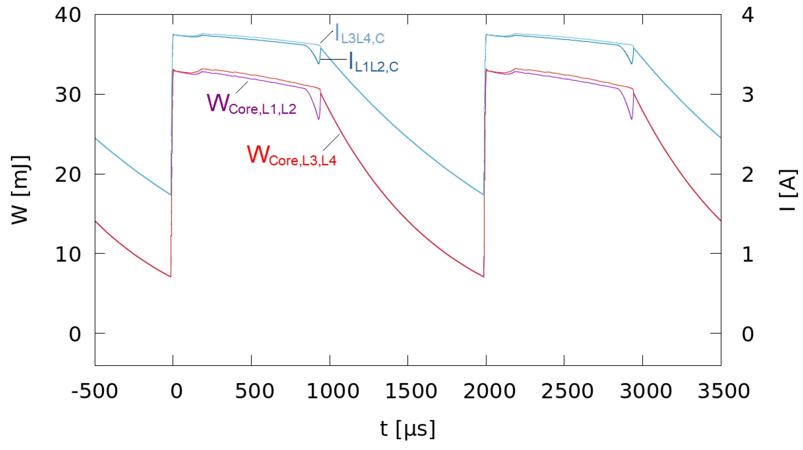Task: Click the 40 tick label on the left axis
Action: click(68, 15)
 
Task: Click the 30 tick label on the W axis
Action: click(68, 94)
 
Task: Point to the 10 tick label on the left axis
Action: click(68, 254)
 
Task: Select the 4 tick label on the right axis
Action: click(748, 15)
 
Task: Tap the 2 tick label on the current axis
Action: click(748, 175)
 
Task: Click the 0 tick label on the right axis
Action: click(748, 334)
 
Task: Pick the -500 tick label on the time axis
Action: click(94, 391)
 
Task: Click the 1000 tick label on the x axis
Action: click(333, 391)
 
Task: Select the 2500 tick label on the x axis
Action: click(567, 391)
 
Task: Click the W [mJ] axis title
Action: click(21, 190)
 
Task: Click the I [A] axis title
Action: click(788, 190)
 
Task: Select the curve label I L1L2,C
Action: click(373, 62)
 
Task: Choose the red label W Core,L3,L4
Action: click(291, 156)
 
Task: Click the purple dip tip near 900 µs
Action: click(319, 119)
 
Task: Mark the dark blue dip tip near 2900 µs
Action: click(632, 63)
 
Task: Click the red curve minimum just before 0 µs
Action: click(171, 277)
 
